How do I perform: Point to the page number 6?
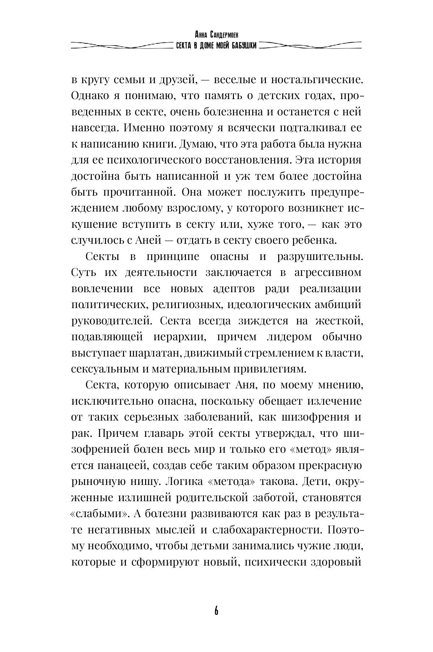click(x=216, y=610)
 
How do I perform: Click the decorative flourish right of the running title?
click(x=311, y=46)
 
